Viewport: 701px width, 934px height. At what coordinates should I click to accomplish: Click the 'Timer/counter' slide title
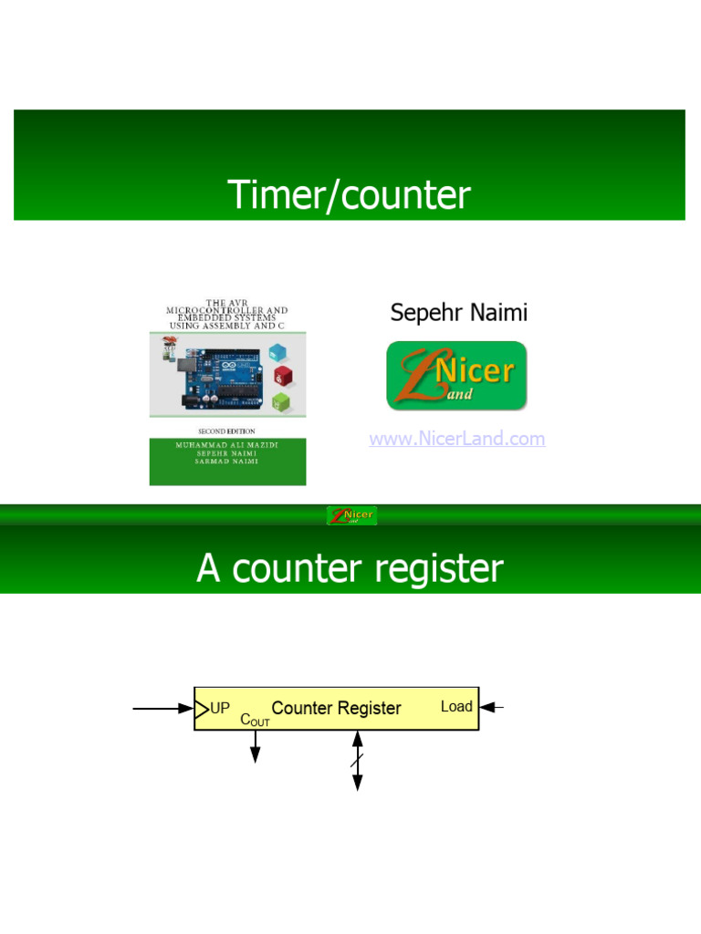[x=349, y=195]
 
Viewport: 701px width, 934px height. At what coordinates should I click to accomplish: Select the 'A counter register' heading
[x=350, y=568]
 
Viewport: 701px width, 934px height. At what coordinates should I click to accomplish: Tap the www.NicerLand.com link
[x=456, y=439]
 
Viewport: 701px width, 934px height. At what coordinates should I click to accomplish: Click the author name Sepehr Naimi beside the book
[x=458, y=313]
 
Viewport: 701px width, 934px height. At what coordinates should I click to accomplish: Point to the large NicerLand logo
[x=456, y=376]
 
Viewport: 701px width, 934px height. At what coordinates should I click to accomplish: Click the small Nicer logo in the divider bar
[x=351, y=516]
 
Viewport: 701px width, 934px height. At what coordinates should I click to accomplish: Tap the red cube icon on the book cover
[x=283, y=375]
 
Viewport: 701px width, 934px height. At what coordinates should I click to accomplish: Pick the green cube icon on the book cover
[x=283, y=400]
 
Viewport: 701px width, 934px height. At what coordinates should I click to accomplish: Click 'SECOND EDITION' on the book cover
[x=227, y=431]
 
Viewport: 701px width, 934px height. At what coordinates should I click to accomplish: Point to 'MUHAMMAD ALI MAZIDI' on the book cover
[x=227, y=444]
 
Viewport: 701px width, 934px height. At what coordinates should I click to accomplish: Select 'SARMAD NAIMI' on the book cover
[x=227, y=462]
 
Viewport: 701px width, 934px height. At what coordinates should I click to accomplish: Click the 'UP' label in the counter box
[x=220, y=707]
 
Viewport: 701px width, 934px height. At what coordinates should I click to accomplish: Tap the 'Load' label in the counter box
[x=456, y=706]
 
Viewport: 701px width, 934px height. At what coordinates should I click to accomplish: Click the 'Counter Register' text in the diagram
[x=336, y=708]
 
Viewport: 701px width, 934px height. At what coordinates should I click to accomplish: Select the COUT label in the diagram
[x=255, y=720]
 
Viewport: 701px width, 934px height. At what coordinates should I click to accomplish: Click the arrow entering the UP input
[x=162, y=708]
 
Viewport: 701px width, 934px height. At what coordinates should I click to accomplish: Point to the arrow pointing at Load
[x=492, y=707]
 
